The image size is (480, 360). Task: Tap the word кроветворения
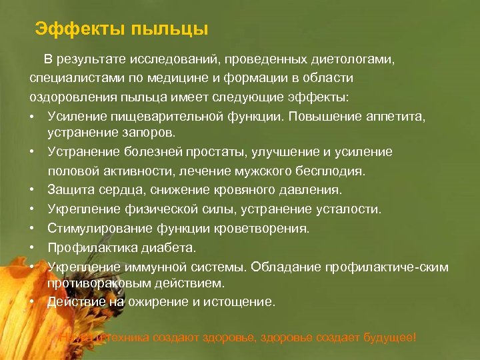[259, 229]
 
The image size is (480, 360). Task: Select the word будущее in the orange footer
[387, 337]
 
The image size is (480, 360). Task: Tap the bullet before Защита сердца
[32, 191]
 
